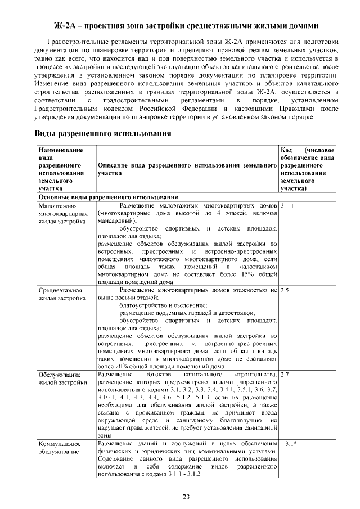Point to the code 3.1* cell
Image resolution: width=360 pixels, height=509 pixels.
click(x=290, y=444)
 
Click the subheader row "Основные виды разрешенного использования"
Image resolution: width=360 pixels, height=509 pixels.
click(x=108, y=197)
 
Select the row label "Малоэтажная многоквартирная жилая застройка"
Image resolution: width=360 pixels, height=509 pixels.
click(x=62, y=214)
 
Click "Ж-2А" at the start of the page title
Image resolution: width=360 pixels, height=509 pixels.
click(x=66, y=26)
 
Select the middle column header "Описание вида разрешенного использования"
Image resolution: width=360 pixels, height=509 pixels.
click(x=187, y=170)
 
